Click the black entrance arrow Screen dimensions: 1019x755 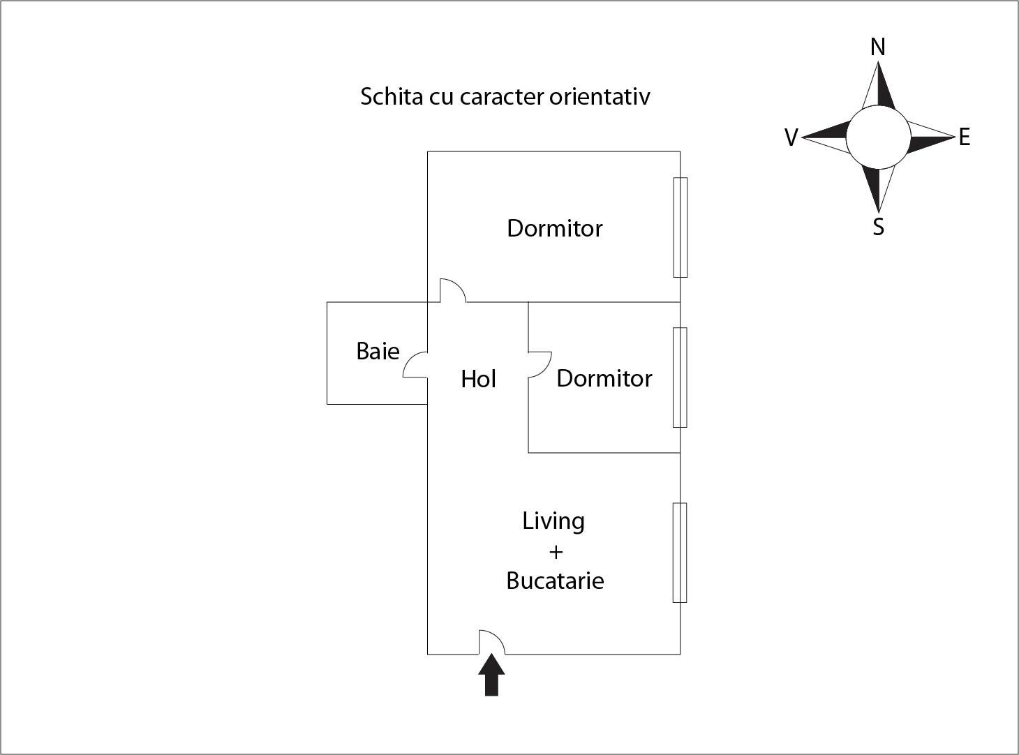(491, 675)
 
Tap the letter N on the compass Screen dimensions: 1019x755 (878, 47)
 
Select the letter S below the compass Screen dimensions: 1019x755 (879, 227)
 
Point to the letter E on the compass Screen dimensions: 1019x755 (965, 137)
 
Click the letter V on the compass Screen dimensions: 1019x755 (791, 137)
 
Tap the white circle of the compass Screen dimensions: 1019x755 (878, 137)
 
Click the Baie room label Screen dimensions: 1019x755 (378, 351)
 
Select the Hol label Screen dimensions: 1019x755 (478, 379)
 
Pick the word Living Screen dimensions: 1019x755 (553, 521)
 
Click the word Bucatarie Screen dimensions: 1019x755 (555, 581)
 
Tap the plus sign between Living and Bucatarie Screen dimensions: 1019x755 (556, 552)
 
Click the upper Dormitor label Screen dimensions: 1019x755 (555, 228)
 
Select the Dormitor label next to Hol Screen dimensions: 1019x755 (604, 379)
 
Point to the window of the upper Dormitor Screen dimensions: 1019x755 (680, 227)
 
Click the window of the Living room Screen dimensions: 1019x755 (680, 553)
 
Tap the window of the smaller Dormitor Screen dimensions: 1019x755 (680, 377)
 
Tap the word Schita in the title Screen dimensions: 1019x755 (392, 96)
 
